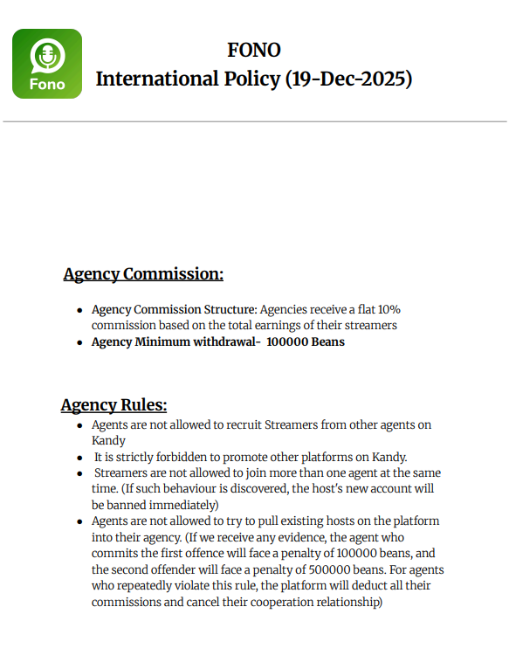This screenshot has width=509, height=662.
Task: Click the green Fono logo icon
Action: pos(47,64)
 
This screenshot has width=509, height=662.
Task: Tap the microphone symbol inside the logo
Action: pos(47,56)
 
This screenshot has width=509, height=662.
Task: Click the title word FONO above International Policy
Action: pos(253,50)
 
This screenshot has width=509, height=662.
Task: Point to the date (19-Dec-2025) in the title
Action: pos(348,79)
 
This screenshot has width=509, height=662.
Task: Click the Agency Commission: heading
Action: pos(143,274)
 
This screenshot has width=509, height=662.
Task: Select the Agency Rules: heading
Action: pos(113,405)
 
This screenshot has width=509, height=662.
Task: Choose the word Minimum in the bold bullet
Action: pos(162,341)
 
